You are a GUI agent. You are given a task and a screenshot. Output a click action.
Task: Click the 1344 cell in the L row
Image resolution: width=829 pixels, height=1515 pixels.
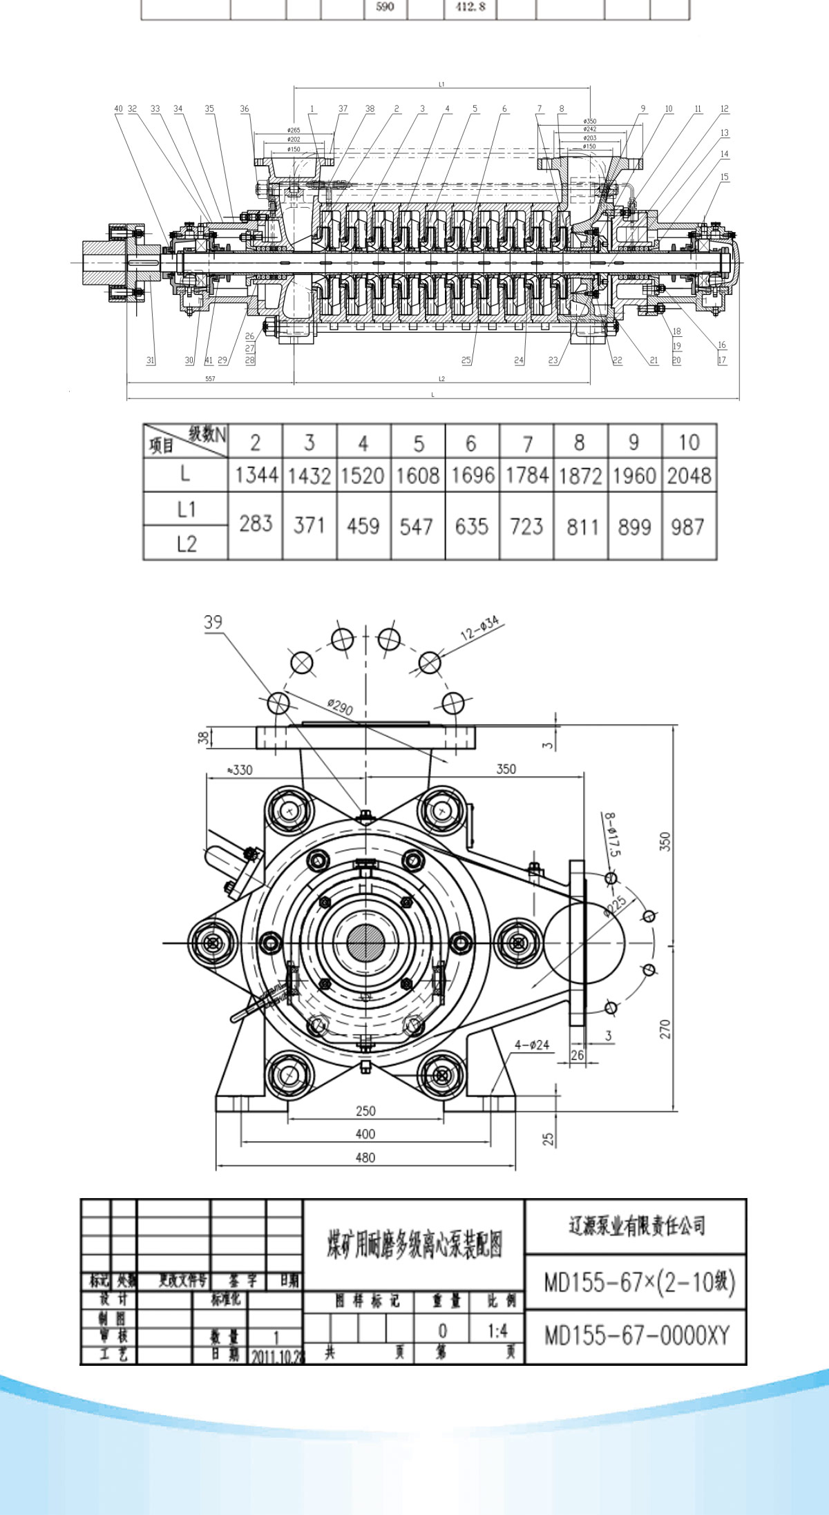[x=256, y=475]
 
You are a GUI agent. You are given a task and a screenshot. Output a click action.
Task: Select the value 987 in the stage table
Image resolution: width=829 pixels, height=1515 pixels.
[x=687, y=527]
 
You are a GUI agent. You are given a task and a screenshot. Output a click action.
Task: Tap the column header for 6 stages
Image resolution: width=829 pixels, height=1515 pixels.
[x=471, y=443]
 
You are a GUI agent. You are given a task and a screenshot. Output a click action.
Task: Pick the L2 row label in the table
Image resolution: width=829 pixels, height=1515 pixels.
[x=186, y=543]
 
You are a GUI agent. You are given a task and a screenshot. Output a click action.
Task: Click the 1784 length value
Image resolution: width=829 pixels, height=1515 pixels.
[x=526, y=475]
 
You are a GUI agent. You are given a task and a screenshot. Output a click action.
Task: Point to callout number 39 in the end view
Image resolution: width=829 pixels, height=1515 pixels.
[x=213, y=621]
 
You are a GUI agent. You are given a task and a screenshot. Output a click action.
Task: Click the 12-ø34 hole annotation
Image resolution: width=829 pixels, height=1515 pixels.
[x=479, y=628]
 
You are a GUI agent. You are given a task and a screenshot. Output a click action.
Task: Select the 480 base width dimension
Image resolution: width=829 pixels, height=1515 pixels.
[x=365, y=1157]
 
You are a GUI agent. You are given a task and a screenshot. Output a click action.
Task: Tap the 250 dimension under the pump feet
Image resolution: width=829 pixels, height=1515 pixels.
[x=365, y=1110]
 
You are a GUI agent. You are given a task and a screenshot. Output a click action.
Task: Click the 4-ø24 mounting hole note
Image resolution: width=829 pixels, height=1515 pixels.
[x=531, y=1045]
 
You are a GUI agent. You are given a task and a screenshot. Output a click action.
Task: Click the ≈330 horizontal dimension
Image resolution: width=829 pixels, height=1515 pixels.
[x=239, y=769]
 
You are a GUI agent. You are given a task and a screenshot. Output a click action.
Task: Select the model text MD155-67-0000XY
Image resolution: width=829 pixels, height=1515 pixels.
[x=636, y=1335]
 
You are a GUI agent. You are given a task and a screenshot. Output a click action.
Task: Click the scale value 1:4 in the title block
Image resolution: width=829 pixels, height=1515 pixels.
[x=497, y=1331]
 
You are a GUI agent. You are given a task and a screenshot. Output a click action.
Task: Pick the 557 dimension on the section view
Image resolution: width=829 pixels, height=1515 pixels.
[x=210, y=378]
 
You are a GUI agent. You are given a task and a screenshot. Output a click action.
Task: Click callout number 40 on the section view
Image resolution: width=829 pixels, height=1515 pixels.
[x=118, y=108]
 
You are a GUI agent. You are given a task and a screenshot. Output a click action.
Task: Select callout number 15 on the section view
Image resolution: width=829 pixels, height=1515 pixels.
[x=725, y=177]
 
